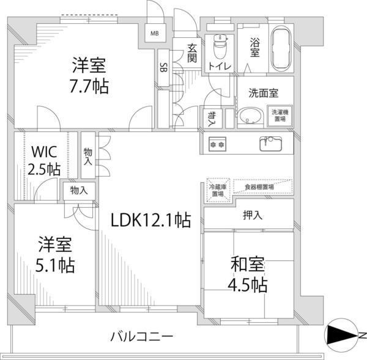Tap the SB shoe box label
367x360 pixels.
click(x=163, y=68)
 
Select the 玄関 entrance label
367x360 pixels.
click(x=191, y=53)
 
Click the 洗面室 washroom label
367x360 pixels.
click(x=263, y=94)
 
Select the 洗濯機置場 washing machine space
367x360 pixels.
click(x=282, y=116)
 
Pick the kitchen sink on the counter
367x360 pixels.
click(x=270, y=144)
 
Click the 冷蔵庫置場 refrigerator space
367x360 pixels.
click(x=218, y=190)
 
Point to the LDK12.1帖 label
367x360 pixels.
click(x=150, y=220)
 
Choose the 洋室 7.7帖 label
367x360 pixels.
click(x=89, y=76)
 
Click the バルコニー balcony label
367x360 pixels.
click(x=142, y=336)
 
